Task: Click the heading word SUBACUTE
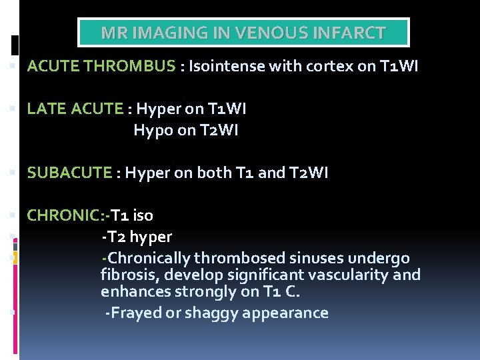(x=69, y=173)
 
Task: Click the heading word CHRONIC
(x=62, y=215)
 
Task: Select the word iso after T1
(x=143, y=215)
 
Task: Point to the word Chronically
(x=149, y=258)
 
